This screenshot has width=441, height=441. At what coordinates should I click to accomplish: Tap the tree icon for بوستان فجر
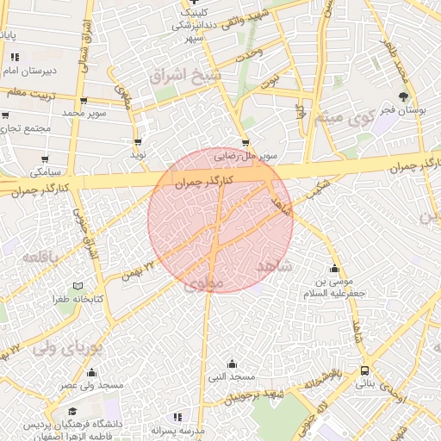pyautogui.click(x=404, y=98)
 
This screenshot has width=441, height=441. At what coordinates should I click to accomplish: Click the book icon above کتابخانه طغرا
pyautogui.click(x=78, y=285)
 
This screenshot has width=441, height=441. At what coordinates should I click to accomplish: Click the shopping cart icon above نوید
pyautogui.click(x=137, y=142)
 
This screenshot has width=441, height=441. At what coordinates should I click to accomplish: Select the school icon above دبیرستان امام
pyautogui.click(x=14, y=57)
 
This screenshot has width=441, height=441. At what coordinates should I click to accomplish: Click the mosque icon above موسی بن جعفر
pyautogui.click(x=334, y=268)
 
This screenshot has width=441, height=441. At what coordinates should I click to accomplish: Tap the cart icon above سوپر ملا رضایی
pyautogui.click(x=246, y=143)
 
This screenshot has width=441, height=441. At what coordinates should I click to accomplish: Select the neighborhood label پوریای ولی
pyautogui.click(x=67, y=348)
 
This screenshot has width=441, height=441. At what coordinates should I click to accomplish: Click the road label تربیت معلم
pyautogui.click(x=31, y=90)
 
